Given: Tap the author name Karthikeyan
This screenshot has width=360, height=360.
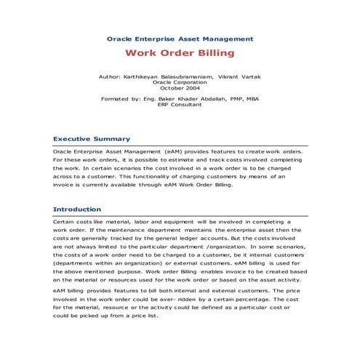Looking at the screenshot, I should pyautogui.click(x=148, y=76).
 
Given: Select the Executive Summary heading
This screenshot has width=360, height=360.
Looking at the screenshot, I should pyautogui.click(x=92, y=138).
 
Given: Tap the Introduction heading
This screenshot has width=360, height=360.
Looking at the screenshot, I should pyautogui.click(x=77, y=209).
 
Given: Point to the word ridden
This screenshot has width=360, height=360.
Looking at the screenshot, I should pyautogui.click(x=196, y=298).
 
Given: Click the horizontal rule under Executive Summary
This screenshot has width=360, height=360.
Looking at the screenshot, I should pyautogui.click(x=180, y=145).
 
